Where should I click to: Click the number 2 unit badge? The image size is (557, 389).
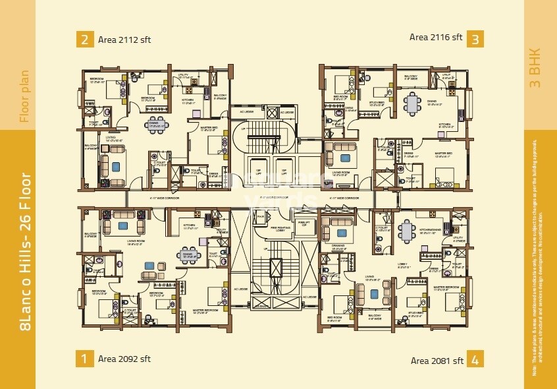pos(84,39)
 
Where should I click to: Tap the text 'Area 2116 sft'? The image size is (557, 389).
pos(437,38)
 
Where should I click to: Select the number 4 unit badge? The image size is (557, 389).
pos(475,360)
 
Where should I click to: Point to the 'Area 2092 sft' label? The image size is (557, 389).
pos(124,359)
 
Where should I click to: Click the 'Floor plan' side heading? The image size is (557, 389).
pos(25,96)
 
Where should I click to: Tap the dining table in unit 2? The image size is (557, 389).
pos(157,124)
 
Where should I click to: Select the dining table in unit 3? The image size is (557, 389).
pos(413,104)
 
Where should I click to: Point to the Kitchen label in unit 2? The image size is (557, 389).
pos(188,100)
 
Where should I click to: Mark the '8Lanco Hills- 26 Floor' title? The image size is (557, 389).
pos(25,251)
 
